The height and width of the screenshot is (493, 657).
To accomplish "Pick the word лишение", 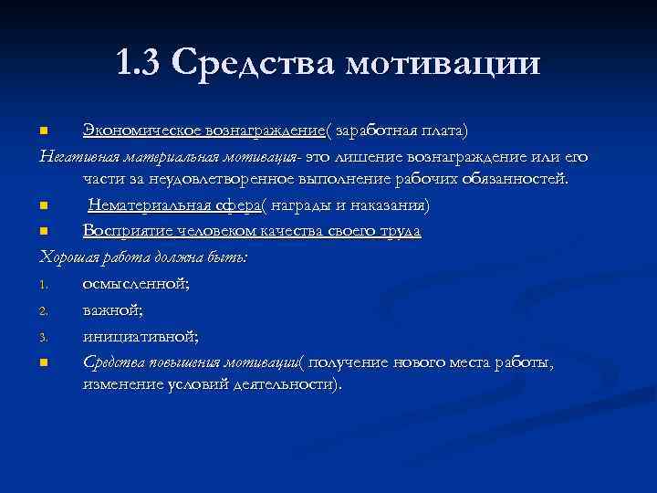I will tap(374, 156).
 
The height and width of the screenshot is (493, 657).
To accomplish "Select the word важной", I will tap(111, 310).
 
